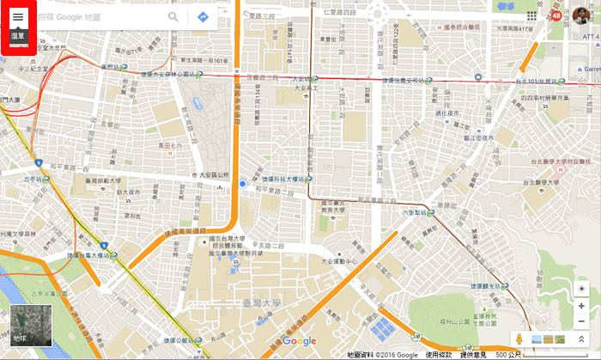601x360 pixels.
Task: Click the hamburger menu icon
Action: [x=18, y=17]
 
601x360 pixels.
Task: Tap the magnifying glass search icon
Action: [x=173, y=17]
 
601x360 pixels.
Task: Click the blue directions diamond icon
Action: [x=203, y=17]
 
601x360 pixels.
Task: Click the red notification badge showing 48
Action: [x=556, y=15]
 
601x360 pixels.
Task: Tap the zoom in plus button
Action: [x=582, y=306]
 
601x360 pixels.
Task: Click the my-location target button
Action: [x=582, y=288]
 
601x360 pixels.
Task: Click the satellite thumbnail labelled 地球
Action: [x=24, y=326]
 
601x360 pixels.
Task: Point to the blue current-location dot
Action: [x=243, y=184]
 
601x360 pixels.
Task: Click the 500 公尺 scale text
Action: [x=507, y=354]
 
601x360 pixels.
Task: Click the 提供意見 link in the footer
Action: [x=474, y=354]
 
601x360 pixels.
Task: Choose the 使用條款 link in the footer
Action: [x=439, y=354]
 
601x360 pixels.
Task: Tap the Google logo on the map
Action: [x=299, y=341]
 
